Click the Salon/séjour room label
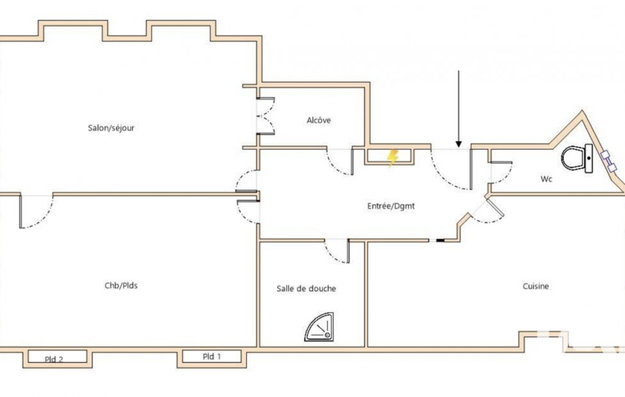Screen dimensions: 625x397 point(111,128)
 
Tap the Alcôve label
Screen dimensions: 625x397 point(319,120)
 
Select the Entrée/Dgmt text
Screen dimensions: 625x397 point(391,206)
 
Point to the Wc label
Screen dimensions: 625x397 point(546,179)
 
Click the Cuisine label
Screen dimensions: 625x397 point(536,286)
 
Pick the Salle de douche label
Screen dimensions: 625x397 point(306,288)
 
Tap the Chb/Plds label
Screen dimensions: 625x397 point(121,286)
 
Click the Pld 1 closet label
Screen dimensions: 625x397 point(212,356)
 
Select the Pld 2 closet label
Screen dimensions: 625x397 point(54,359)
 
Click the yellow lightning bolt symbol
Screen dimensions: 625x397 point(393,158)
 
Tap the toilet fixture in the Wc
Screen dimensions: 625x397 point(577,158)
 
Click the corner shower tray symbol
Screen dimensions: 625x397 point(320,327)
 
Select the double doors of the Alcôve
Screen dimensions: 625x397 point(265,116)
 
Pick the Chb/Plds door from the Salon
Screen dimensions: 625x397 point(36,211)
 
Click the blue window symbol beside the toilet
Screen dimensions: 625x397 point(609,161)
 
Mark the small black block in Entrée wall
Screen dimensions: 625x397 point(440,241)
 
